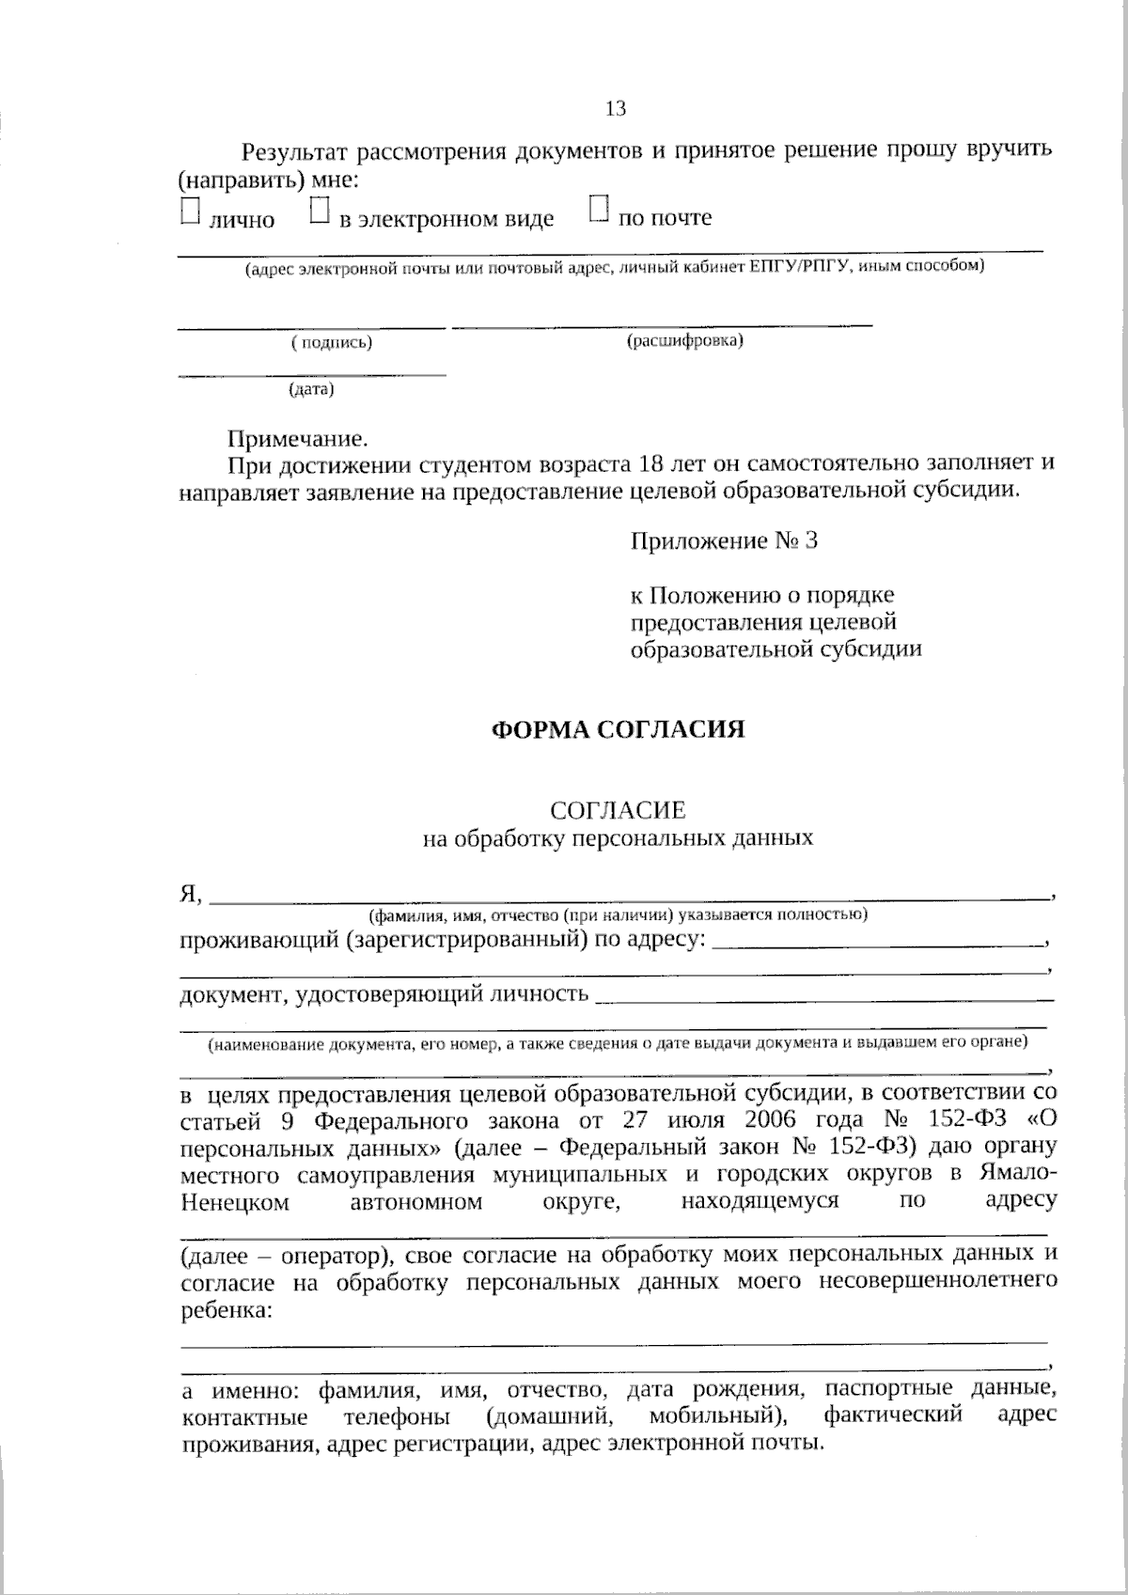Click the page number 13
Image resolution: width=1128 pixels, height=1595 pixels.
tap(616, 109)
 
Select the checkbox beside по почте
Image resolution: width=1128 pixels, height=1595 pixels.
tap(599, 209)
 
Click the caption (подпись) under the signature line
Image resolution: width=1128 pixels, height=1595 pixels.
tap(332, 343)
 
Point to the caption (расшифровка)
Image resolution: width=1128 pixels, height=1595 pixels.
tap(685, 340)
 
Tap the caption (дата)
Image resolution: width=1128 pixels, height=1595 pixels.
tap(311, 388)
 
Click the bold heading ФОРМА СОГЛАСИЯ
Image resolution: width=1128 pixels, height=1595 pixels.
tap(619, 729)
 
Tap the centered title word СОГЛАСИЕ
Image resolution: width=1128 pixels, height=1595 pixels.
tap(618, 809)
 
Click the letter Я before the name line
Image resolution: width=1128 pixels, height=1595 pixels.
tap(188, 894)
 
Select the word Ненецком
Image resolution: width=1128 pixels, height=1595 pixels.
tap(234, 1201)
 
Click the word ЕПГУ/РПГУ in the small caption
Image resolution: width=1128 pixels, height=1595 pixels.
tap(801, 267)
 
